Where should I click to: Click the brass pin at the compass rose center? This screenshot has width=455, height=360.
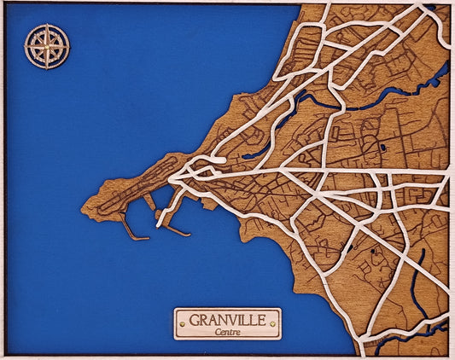(x=47, y=46)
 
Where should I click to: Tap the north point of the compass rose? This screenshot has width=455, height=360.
(x=47, y=26)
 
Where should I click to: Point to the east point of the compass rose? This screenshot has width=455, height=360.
(x=68, y=46)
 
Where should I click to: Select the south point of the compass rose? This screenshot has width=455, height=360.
(x=47, y=67)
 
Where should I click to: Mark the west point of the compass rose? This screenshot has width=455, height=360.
(x=26, y=46)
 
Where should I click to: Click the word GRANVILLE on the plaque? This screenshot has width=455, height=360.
(x=226, y=320)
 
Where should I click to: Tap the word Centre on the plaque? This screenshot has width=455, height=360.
(x=227, y=331)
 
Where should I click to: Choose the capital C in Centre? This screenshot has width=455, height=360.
(x=219, y=331)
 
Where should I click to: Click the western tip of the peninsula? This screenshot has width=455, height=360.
(x=83, y=206)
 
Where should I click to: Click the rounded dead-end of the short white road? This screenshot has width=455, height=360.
(x=222, y=160)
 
